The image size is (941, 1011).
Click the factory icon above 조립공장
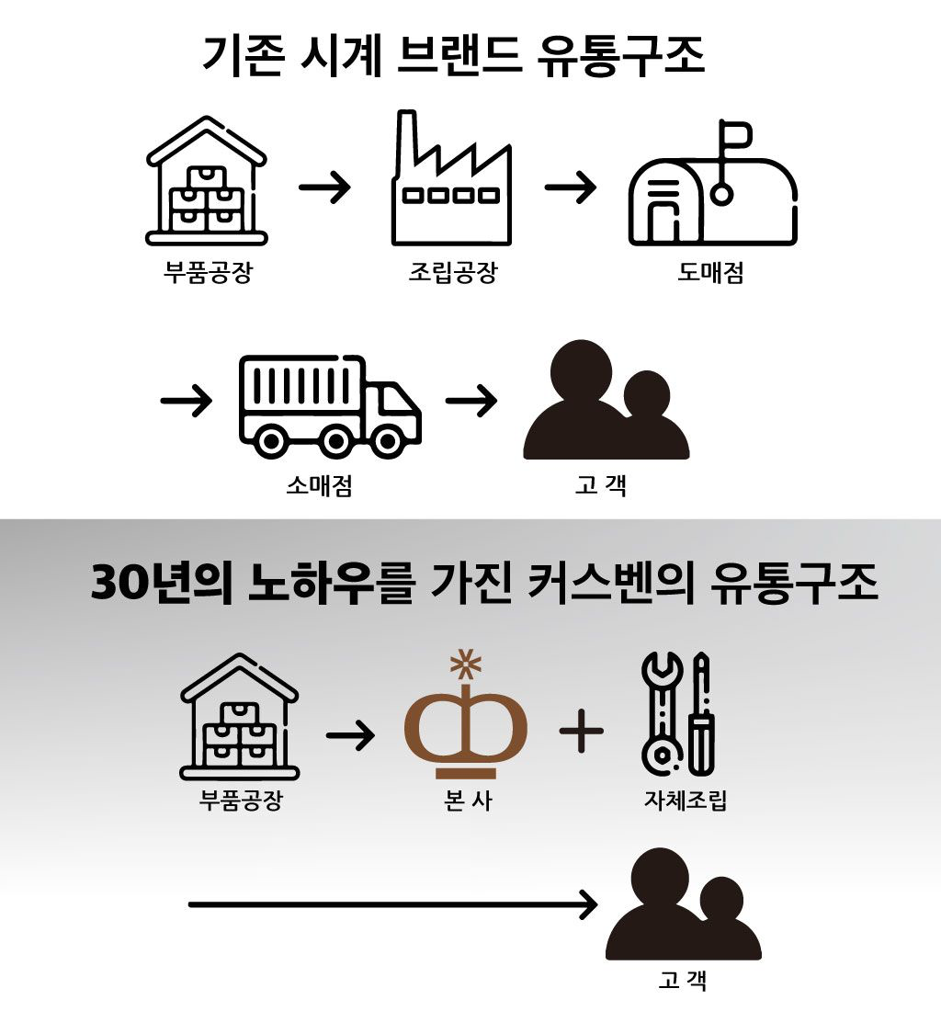coord(451,180)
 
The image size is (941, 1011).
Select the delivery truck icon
coord(330,405)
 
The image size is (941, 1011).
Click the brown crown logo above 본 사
coord(466,718)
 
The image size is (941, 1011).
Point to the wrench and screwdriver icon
coord(677,711)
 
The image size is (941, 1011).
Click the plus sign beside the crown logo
coord(582,732)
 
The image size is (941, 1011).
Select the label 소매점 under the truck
coord(319,485)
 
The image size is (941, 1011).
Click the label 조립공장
coord(452,273)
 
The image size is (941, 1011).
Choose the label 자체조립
coord(686,800)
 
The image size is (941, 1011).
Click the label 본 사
coord(467,800)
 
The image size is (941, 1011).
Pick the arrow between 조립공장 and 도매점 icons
coord(570,188)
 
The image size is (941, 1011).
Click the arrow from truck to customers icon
coord(471,402)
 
